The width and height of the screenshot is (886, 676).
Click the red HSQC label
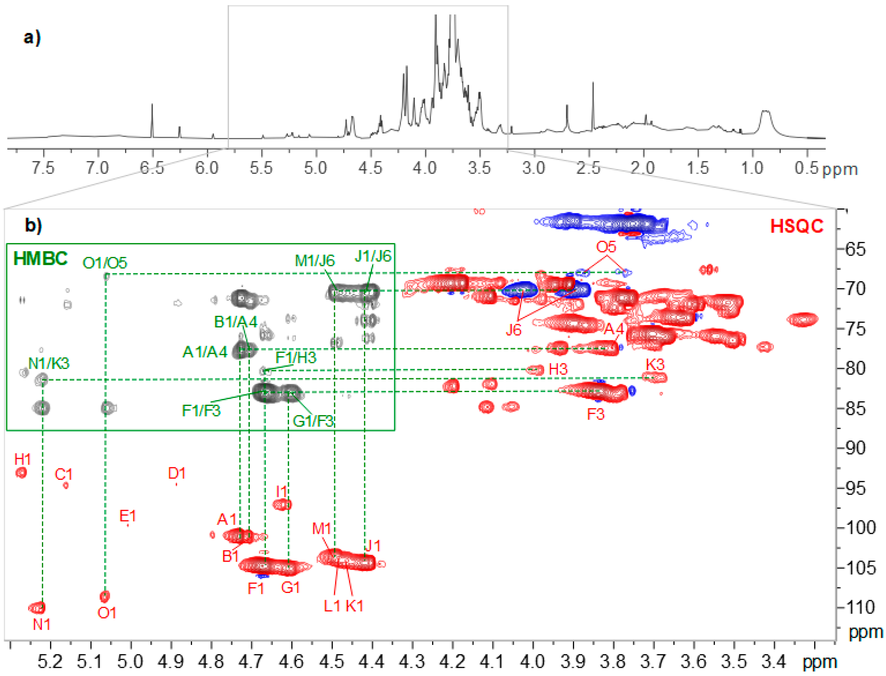click(796, 226)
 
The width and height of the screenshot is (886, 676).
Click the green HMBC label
click(40, 259)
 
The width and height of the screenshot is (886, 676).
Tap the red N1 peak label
click(41, 625)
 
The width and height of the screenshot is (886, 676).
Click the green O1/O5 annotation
click(105, 263)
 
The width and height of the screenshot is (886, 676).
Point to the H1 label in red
click(23, 459)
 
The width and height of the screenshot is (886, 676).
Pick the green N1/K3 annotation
click(49, 364)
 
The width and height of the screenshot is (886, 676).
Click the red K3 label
click(655, 365)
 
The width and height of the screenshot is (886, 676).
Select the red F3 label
click(596, 414)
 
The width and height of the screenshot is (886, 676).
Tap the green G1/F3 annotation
click(313, 421)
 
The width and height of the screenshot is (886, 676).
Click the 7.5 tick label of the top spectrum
click(43, 168)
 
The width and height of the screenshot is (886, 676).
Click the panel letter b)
click(33, 225)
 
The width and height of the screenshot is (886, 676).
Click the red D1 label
click(177, 473)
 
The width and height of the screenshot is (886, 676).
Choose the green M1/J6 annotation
click(315, 261)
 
